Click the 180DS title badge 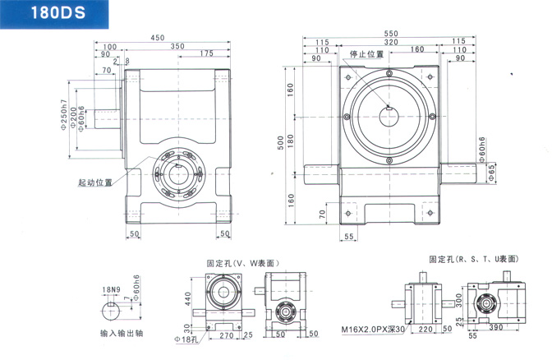tap(50, 14)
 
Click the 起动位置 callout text tap(96, 182)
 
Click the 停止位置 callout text tap(367, 54)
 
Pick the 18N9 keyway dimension tap(112, 290)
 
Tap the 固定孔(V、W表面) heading tap(246, 263)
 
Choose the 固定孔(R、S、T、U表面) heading tap(473, 258)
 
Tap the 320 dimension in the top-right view tap(389, 43)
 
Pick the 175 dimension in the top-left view tap(206, 54)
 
